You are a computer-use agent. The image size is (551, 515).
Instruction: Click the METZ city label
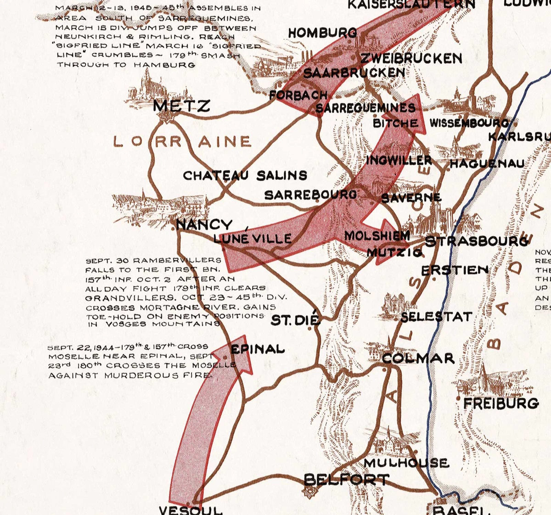181,106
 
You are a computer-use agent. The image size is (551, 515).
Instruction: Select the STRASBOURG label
476,241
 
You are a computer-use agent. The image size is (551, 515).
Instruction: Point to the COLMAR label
418,358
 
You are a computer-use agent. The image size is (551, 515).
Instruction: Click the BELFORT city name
346,480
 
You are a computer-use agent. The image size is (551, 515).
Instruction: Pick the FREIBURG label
501,403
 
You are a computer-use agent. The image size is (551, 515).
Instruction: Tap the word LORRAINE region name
182,141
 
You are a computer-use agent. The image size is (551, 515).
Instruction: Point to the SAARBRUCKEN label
354,73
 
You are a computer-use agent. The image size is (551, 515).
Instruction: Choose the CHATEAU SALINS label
245,175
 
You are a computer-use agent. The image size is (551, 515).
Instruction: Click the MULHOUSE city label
406,463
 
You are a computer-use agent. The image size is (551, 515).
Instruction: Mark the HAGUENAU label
487,163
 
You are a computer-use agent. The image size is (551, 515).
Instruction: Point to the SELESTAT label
436,317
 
